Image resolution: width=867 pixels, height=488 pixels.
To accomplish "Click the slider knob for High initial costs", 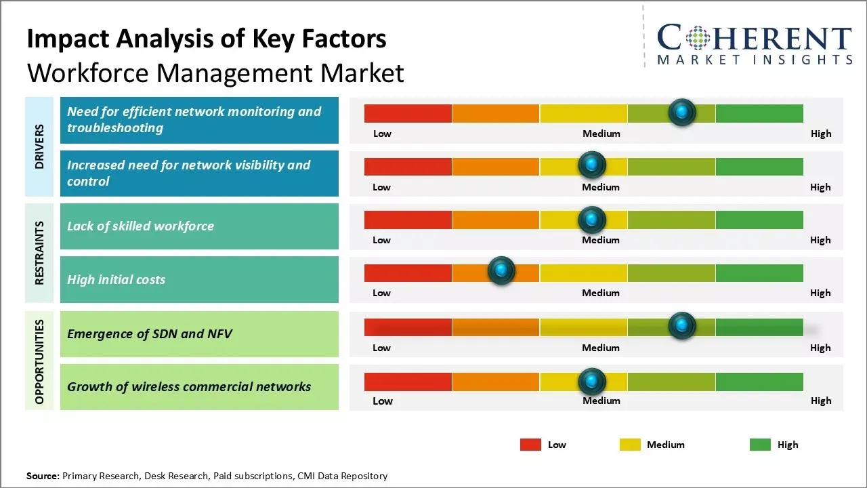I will click(501, 270).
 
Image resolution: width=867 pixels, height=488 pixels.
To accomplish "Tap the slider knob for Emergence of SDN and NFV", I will click(682, 325).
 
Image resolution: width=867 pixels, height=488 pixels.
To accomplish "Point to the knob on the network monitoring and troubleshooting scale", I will click(682, 112).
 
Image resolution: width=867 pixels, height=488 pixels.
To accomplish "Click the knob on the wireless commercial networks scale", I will click(592, 382).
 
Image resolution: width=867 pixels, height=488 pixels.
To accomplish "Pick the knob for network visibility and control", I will click(592, 165).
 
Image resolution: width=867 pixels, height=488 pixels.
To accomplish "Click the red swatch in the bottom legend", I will click(530, 445).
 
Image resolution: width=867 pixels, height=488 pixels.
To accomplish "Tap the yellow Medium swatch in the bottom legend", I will click(630, 445).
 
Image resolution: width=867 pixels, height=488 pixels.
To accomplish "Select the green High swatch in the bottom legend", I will click(760, 445).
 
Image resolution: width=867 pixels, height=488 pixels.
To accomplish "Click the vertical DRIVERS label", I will click(39, 146).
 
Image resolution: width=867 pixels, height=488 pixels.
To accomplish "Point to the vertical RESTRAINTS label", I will click(39, 253).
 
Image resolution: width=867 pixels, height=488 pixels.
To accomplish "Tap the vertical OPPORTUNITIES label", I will click(39, 361).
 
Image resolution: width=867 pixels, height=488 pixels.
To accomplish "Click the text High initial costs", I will click(116, 279).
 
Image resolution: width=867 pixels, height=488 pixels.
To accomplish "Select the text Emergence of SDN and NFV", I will click(149, 333).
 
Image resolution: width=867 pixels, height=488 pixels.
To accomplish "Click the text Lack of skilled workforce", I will click(140, 226).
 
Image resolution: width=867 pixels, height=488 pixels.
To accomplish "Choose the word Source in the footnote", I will click(43, 476).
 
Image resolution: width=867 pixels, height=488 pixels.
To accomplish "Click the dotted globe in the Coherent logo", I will click(698, 38).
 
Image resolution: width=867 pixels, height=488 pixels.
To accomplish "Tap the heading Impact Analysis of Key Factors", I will click(207, 39).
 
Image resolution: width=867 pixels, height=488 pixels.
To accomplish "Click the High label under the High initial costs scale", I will click(820, 293).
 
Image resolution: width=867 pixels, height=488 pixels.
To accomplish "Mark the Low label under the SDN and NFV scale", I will click(381, 348).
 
